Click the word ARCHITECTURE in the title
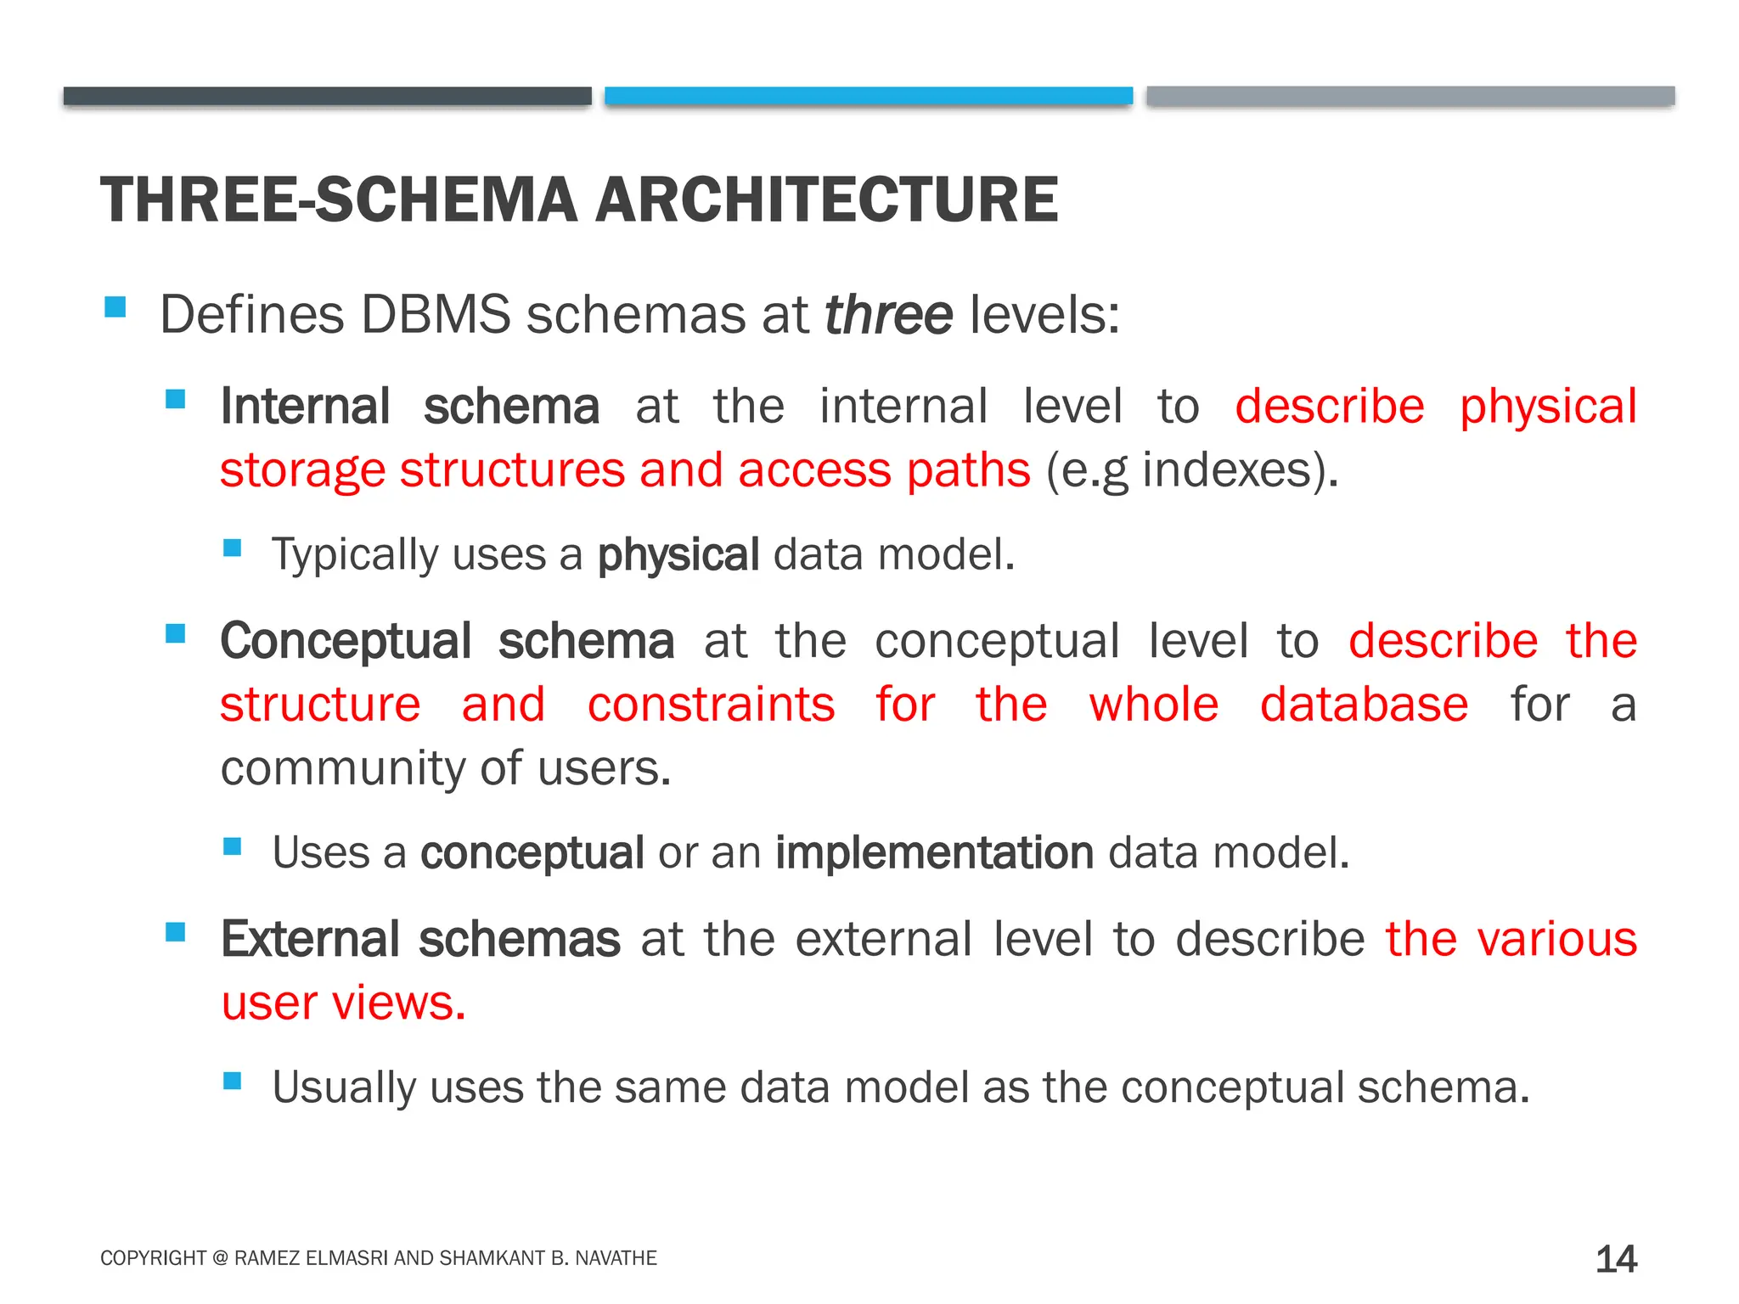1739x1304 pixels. click(826, 200)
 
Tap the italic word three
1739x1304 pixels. click(888, 315)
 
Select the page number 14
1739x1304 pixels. click(1616, 1259)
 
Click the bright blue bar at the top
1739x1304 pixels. click(868, 96)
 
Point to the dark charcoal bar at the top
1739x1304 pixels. click(327, 96)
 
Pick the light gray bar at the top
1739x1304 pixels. click(1410, 96)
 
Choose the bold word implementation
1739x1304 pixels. click(934, 852)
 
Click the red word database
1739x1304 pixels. click(1364, 705)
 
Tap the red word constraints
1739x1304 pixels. click(711, 705)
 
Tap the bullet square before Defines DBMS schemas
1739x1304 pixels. click(115, 306)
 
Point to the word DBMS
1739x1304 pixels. click(435, 315)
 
